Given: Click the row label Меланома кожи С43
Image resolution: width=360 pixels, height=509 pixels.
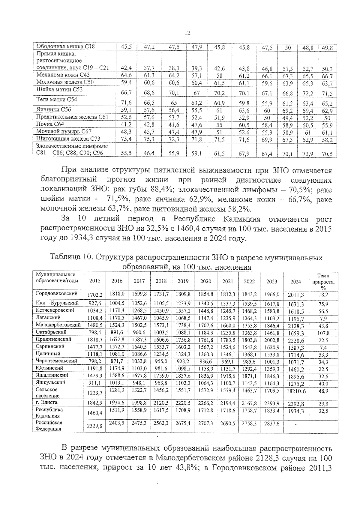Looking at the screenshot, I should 63,75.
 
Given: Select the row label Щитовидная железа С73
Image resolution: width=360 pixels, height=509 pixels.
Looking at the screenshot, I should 68,139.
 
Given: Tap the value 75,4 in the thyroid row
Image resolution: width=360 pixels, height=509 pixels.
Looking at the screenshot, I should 127,139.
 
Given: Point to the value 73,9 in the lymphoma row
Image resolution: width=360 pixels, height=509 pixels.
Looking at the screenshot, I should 307,154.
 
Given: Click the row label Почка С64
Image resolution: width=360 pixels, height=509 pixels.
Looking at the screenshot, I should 50,124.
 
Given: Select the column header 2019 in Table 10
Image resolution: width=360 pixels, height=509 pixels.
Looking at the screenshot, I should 183,281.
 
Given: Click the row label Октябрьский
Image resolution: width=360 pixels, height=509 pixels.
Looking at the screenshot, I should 51,332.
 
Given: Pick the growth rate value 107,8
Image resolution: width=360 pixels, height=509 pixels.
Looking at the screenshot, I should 323,333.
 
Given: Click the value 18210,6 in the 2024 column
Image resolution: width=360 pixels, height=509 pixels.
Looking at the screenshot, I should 296,391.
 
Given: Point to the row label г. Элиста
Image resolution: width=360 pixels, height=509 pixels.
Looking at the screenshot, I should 46,403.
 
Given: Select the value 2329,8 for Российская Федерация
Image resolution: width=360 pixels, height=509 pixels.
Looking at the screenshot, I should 94,426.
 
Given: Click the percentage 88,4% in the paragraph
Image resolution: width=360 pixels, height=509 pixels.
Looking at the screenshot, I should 157,190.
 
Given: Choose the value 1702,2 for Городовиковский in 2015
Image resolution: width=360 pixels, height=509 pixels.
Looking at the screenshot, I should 95,295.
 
